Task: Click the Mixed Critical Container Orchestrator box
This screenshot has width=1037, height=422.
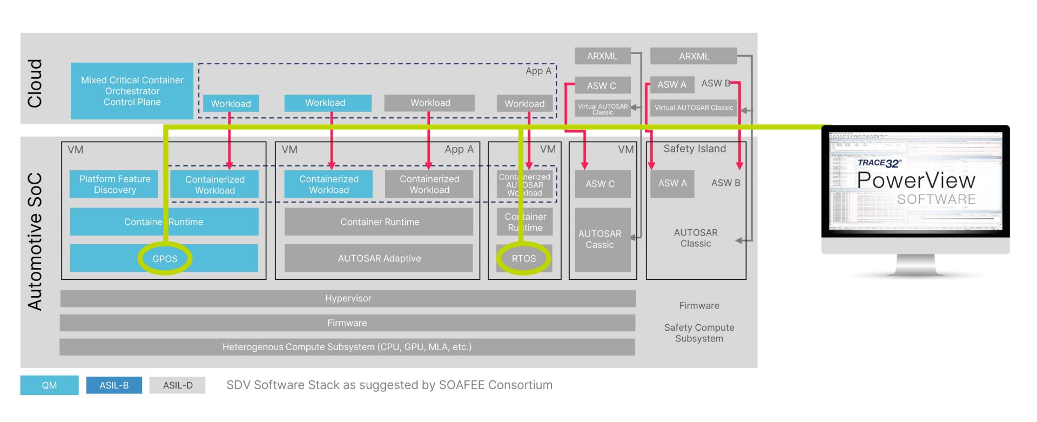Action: coord(132,91)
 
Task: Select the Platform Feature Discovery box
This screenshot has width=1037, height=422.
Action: coord(115,184)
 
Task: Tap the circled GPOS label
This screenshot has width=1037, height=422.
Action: coord(165,259)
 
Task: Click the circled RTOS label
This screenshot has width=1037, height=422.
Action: coord(524,259)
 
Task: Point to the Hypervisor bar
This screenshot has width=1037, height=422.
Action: coord(348,298)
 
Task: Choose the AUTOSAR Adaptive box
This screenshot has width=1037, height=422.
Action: coord(379,258)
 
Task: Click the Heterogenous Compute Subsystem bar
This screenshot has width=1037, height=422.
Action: coord(347,347)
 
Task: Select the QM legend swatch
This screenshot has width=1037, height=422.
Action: coord(49,385)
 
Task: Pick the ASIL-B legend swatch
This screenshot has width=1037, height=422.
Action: coord(114,385)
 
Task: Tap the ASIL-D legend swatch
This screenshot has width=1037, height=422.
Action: coord(178,385)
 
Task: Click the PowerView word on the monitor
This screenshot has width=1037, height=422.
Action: coord(916,180)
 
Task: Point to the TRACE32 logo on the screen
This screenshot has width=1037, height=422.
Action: coord(879,163)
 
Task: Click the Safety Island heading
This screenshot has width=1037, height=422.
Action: coord(695,149)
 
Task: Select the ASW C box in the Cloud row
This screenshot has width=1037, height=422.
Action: coord(602,85)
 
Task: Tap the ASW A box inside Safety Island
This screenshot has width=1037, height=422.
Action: coord(672,184)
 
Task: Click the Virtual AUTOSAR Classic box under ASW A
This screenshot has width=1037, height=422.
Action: coord(693,108)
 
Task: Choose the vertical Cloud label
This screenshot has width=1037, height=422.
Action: coord(35,83)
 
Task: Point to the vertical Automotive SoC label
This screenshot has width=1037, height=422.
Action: coord(35,242)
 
